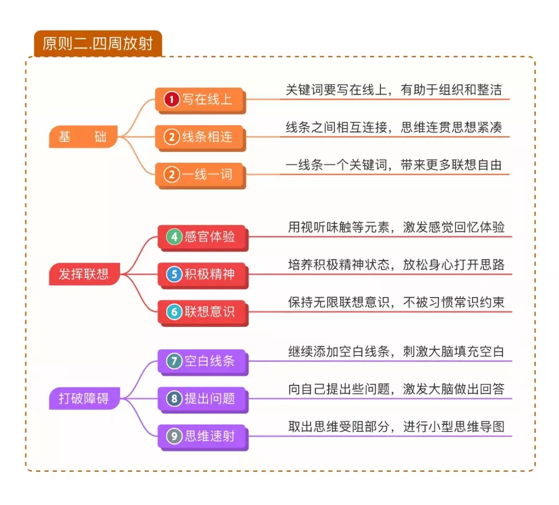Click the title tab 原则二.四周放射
point(98,43)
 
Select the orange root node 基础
point(83,137)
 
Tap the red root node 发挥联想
point(84,274)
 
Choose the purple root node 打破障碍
point(84,399)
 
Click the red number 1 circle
point(171,99)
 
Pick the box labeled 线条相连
point(200,137)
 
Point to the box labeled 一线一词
point(200,174)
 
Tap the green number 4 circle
point(174,236)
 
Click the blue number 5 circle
point(174,274)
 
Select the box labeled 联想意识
point(203,311)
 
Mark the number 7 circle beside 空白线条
point(174,361)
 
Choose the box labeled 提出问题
point(203,398)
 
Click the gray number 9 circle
point(174,436)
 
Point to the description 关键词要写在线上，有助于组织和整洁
point(393,90)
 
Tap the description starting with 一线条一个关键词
point(393,165)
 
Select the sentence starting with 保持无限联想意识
point(396,302)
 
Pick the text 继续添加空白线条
point(340,352)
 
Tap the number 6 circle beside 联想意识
point(174,311)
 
